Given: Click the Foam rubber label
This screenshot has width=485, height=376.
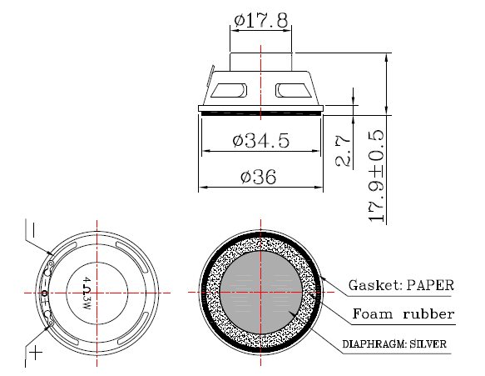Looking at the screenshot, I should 403,314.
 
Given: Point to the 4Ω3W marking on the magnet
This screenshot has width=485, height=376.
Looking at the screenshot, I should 87,293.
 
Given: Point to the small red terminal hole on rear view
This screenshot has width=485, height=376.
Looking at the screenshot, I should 45,293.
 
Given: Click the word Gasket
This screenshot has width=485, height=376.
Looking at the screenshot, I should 374,284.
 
